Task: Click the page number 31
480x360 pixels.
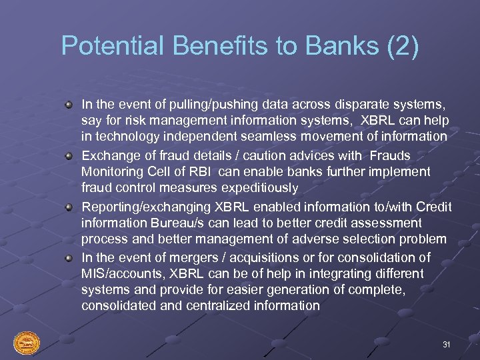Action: pos(447,344)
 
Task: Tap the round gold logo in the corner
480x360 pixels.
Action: pos(27,343)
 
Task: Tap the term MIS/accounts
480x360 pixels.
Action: pos(123,274)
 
